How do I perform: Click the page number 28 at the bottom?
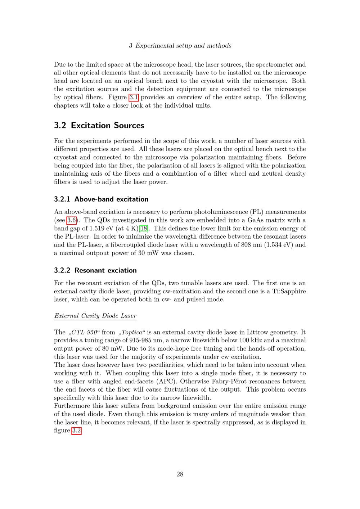point(180,474)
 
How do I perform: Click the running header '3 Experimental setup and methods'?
point(180,46)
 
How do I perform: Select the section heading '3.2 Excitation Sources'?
point(99,125)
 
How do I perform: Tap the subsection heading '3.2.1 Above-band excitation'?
point(101,199)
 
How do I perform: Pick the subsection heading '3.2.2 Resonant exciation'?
point(95,270)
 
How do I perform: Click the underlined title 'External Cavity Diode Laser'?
point(95,316)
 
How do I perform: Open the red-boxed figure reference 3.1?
point(134,97)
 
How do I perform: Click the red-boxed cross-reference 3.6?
point(71,220)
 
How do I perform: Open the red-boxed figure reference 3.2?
point(76,431)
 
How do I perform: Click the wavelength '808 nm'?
point(243,245)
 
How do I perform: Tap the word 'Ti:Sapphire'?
point(289,291)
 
